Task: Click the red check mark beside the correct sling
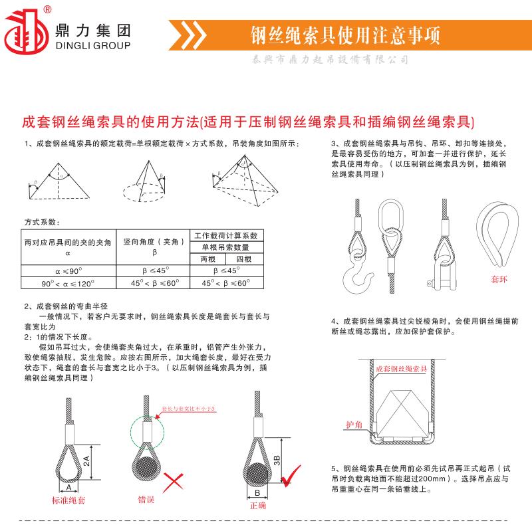pos(291,475)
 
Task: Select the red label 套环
pos(499,280)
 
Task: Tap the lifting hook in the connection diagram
pos(354,278)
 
